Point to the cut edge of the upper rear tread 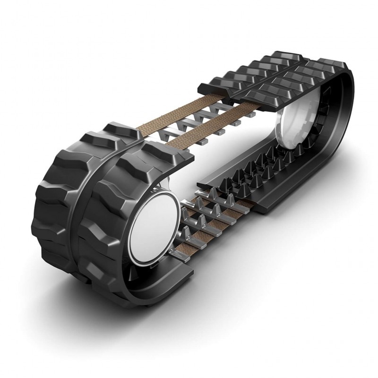click(208, 87)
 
